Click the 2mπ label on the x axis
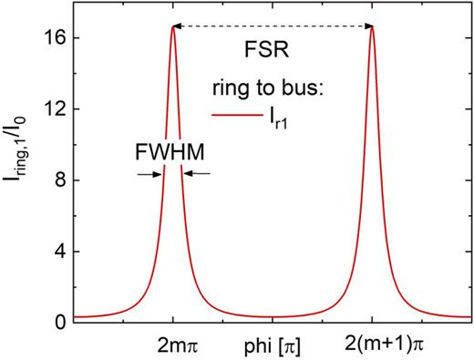(172, 346)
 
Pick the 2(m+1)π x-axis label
(373, 346)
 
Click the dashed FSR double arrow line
(273, 27)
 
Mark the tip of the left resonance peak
(172, 27)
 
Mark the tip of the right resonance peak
(373, 27)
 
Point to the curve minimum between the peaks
(273, 316)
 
